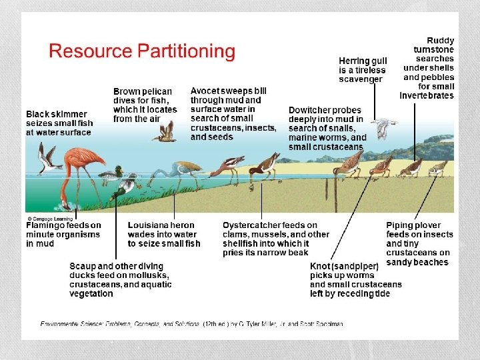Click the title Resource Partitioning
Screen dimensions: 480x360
point(142,51)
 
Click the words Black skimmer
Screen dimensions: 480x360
point(57,114)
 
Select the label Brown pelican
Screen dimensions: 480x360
point(143,91)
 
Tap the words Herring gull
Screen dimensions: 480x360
point(362,61)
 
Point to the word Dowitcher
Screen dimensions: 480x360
point(315,110)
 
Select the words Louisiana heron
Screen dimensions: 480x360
point(161,225)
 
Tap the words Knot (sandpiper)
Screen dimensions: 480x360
point(344,266)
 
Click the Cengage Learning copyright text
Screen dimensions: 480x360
point(52,218)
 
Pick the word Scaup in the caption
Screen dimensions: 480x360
point(83,266)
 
